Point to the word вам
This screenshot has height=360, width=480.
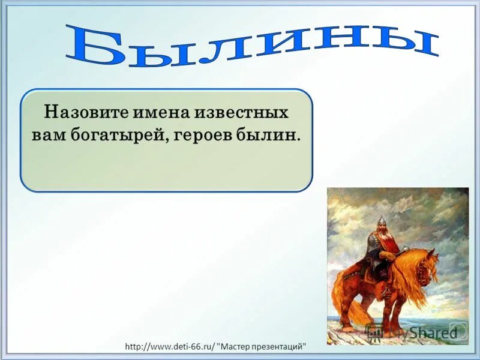click(x=46, y=134)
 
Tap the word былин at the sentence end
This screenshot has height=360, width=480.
click(x=271, y=134)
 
